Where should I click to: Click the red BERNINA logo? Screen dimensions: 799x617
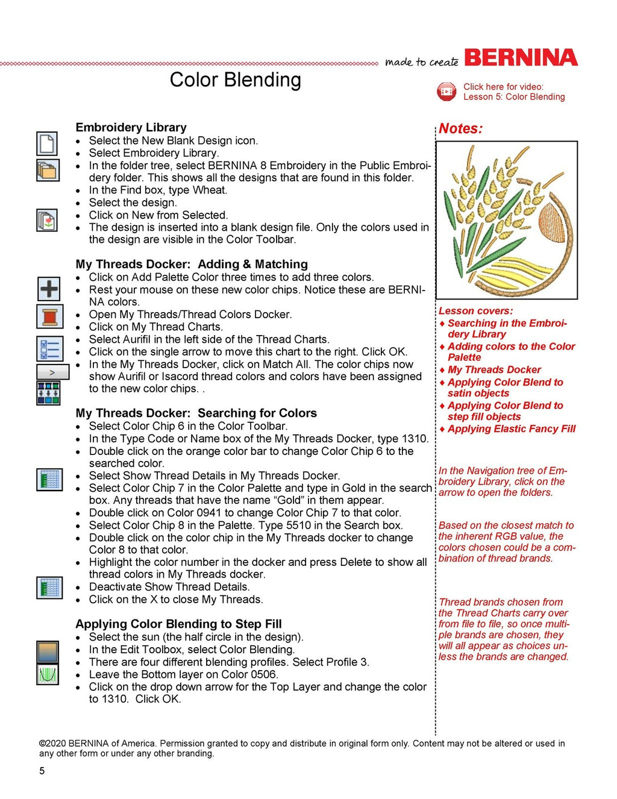pyautogui.click(x=521, y=58)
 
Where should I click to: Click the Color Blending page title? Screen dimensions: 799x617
pyautogui.click(x=235, y=80)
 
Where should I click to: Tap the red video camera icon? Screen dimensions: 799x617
pyautogui.click(x=446, y=92)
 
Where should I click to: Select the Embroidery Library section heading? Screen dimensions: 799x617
pyautogui.click(x=131, y=127)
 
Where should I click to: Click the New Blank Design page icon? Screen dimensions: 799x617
pyautogui.click(x=47, y=144)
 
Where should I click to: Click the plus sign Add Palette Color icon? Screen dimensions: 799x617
pyautogui.click(x=49, y=289)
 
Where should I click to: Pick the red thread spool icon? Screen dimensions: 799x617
pyautogui.click(x=49, y=316)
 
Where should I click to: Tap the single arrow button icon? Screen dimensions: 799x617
pyautogui.click(x=52, y=372)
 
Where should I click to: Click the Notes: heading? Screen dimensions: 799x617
pyautogui.click(x=460, y=128)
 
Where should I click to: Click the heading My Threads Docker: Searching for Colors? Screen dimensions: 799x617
pyautogui.click(x=196, y=413)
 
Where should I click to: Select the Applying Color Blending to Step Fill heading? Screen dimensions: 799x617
pyautogui.click(x=178, y=624)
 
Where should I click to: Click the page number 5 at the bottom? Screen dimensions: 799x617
pyautogui.click(x=42, y=771)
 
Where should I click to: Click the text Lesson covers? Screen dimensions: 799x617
pyautogui.click(x=475, y=311)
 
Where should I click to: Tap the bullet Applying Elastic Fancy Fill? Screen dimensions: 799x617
pyautogui.click(x=511, y=428)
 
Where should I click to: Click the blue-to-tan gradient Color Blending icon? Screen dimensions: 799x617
pyautogui.click(x=48, y=651)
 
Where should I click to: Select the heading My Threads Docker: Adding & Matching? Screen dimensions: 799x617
pyautogui.click(x=192, y=264)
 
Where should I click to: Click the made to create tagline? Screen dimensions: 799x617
pyautogui.click(x=422, y=61)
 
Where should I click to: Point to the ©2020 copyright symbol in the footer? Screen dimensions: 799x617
pyautogui.click(x=42, y=744)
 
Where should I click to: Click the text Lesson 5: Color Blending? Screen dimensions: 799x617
pyautogui.click(x=514, y=97)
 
